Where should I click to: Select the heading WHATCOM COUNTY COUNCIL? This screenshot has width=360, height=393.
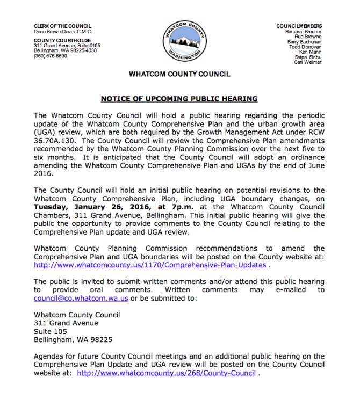click(179, 75)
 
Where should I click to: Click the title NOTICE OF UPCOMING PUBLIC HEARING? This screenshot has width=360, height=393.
click(179, 99)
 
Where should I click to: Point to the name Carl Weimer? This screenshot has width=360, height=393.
click(308, 62)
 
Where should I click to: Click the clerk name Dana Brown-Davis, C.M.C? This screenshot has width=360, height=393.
click(59, 31)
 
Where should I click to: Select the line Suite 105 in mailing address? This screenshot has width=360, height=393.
click(50, 331)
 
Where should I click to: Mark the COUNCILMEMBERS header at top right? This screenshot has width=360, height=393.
click(299, 26)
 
